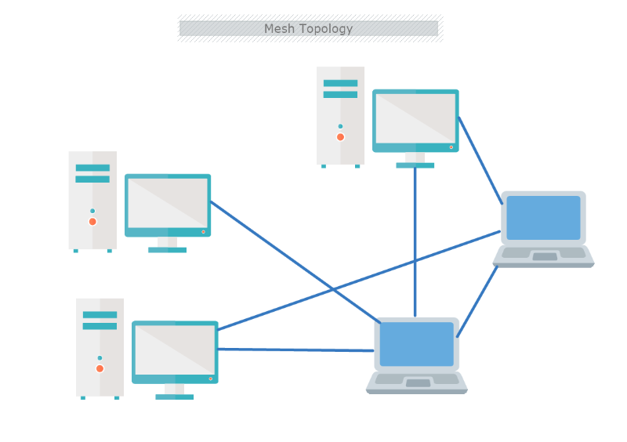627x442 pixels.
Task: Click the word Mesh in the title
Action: pyautogui.click(x=278, y=29)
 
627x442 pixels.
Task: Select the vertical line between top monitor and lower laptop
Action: pyautogui.click(x=415, y=235)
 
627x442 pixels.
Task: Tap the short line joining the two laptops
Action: pyautogui.click(x=477, y=302)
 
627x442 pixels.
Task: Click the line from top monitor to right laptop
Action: pyautogui.click(x=480, y=160)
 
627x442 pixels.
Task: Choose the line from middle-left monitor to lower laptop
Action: pyautogui.click(x=290, y=259)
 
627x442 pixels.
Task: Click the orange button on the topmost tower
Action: pyautogui.click(x=340, y=137)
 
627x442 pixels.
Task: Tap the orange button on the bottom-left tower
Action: pyautogui.click(x=100, y=368)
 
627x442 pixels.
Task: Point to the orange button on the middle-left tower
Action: pyautogui.click(x=92, y=222)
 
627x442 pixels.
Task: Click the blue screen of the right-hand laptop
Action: pyautogui.click(x=543, y=217)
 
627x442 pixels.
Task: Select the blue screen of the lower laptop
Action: pyautogui.click(x=417, y=344)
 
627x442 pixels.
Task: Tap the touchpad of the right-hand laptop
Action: pyautogui.click(x=545, y=256)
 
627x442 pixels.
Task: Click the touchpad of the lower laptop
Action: pyautogui.click(x=418, y=383)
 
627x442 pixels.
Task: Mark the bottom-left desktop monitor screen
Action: pyautogui.click(x=175, y=350)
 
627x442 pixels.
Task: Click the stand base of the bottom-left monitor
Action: pyautogui.click(x=174, y=397)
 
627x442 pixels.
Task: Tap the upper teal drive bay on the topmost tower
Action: pyautogui.click(x=340, y=83)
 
